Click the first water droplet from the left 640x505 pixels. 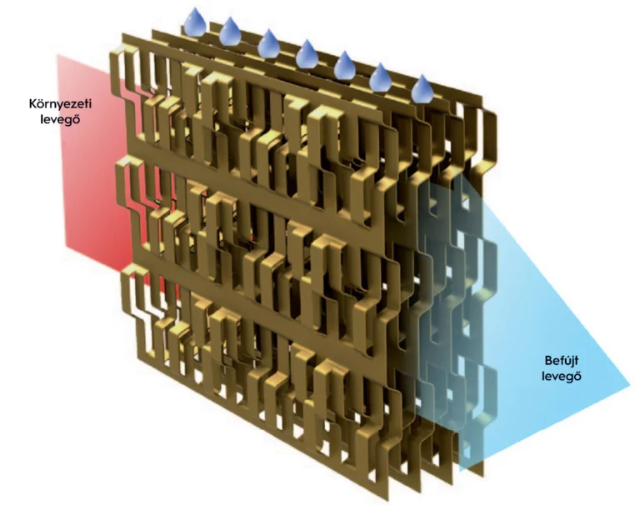click(x=195, y=22)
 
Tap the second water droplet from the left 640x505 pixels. click(x=231, y=32)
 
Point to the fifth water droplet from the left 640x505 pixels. click(x=345, y=65)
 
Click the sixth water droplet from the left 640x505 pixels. click(x=380, y=77)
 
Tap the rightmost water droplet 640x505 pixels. click(x=422, y=89)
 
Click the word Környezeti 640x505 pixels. click(x=60, y=103)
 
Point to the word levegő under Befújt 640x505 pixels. click(x=561, y=376)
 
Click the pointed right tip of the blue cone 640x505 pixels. click(x=630, y=387)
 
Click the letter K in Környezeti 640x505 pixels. click(x=33, y=103)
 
